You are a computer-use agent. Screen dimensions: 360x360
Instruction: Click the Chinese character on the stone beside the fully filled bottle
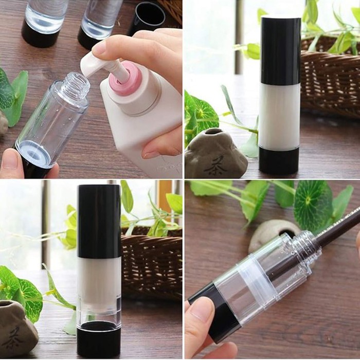click(215, 167)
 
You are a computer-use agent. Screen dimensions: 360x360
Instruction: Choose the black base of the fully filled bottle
click(279, 160)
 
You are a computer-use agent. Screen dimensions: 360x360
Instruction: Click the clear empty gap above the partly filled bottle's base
click(99, 311)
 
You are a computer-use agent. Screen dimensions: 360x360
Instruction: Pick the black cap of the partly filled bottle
click(99, 221)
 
